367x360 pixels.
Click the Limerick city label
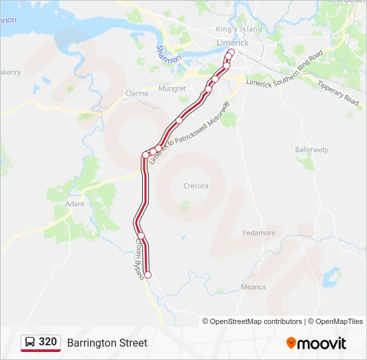point(232,43)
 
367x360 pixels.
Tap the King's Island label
point(239,29)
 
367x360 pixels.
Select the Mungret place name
point(172,89)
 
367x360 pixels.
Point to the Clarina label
point(136,93)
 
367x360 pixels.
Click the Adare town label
point(75,203)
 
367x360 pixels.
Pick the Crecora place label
point(196,186)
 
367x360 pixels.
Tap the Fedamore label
point(258,233)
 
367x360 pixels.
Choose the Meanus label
point(253,287)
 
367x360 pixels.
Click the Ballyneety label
point(312,150)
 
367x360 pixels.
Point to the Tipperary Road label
point(338,94)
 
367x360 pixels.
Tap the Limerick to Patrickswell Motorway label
point(189,133)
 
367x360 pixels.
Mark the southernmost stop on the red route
point(148,275)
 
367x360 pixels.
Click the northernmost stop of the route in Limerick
point(232,52)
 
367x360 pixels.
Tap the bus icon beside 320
point(31,342)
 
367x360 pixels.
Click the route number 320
point(48,342)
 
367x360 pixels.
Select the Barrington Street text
point(107,343)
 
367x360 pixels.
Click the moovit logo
point(316,343)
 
